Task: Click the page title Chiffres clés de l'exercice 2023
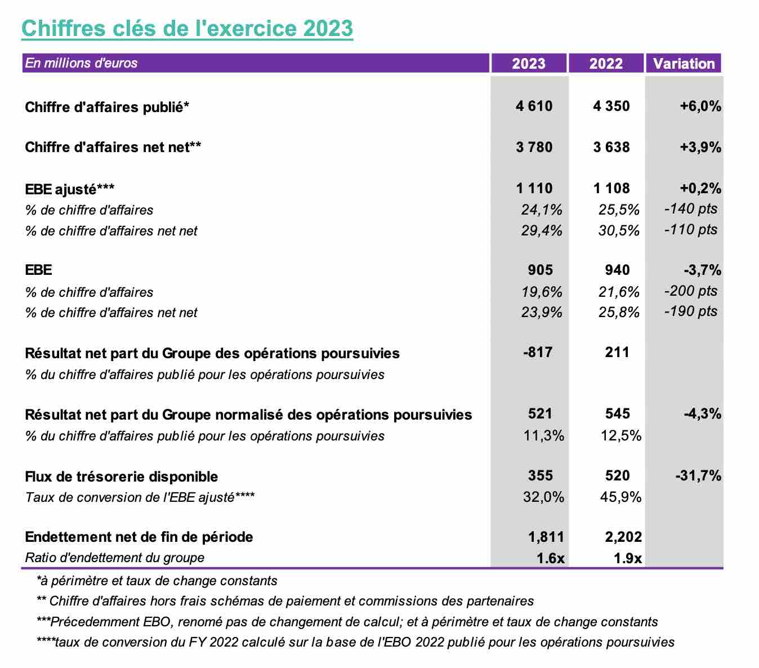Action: click(x=187, y=28)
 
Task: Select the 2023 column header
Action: click(x=529, y=63)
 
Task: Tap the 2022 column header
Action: click(x=606, y=63)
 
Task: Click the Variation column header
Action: click(x=684, y=63)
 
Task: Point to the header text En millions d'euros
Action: click(x=81, y=63)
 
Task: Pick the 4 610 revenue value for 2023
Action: click(x=534, y=106)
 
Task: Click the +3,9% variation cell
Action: click(x=700, y=148)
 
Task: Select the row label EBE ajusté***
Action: click(x=70, y=189)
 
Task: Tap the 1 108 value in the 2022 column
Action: click(x=611, y=188)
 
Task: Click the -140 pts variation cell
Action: click(x=691, y=209)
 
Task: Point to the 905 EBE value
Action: click(x=540, y=270)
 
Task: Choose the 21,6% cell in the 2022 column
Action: click(x=618, y=292)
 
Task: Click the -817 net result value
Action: click(x=538, y=352)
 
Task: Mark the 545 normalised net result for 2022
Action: click(x=617, y=413)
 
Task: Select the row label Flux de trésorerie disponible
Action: click(x=122, y=476)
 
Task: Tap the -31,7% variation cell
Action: click(x=698, y=476)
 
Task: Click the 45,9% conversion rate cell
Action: click(x=620, y=497)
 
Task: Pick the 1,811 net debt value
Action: click(x=546, y=537)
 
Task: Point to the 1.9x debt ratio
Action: click(x=627, y=558)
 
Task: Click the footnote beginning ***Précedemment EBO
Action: click(x=347, y=622)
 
